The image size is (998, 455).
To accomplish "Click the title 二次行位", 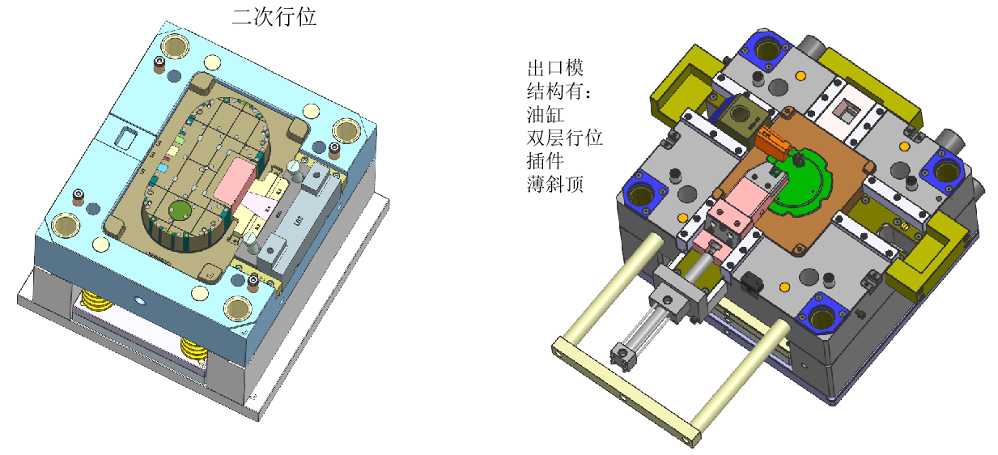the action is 274,17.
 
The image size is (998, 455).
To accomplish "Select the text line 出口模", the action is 555,68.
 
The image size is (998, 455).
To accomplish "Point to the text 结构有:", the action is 559,91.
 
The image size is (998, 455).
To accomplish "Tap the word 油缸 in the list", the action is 546,114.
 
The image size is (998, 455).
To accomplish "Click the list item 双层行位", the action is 564,138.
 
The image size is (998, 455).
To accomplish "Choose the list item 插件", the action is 546,161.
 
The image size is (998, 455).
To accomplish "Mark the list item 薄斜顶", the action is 555,184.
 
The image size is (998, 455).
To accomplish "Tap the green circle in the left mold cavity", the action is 180,210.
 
